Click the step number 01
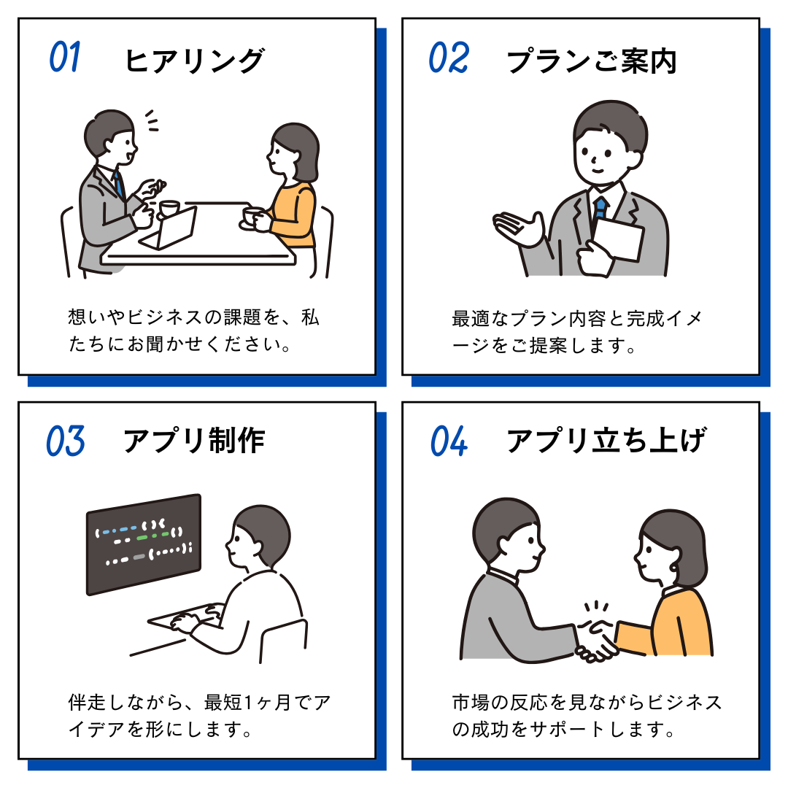[x=65, y=57]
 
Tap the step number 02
[x=449, y=58]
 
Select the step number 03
[x=66, y=441]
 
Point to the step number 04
[x=449, y=441]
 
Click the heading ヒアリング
[x=194, y=61]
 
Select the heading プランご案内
[x=592, y=61]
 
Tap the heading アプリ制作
[x=194, y=441]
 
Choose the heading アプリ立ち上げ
[x=606, y=440]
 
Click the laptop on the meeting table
[x=169, y=228]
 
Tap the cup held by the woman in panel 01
[x=252, y=217]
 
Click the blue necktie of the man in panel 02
[x=600, y=210]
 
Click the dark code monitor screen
[x=144, y=544]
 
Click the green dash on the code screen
[x=143, y=538]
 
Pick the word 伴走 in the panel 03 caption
[x=88, y=702]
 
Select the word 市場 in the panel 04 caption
[x=471, y=702]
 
